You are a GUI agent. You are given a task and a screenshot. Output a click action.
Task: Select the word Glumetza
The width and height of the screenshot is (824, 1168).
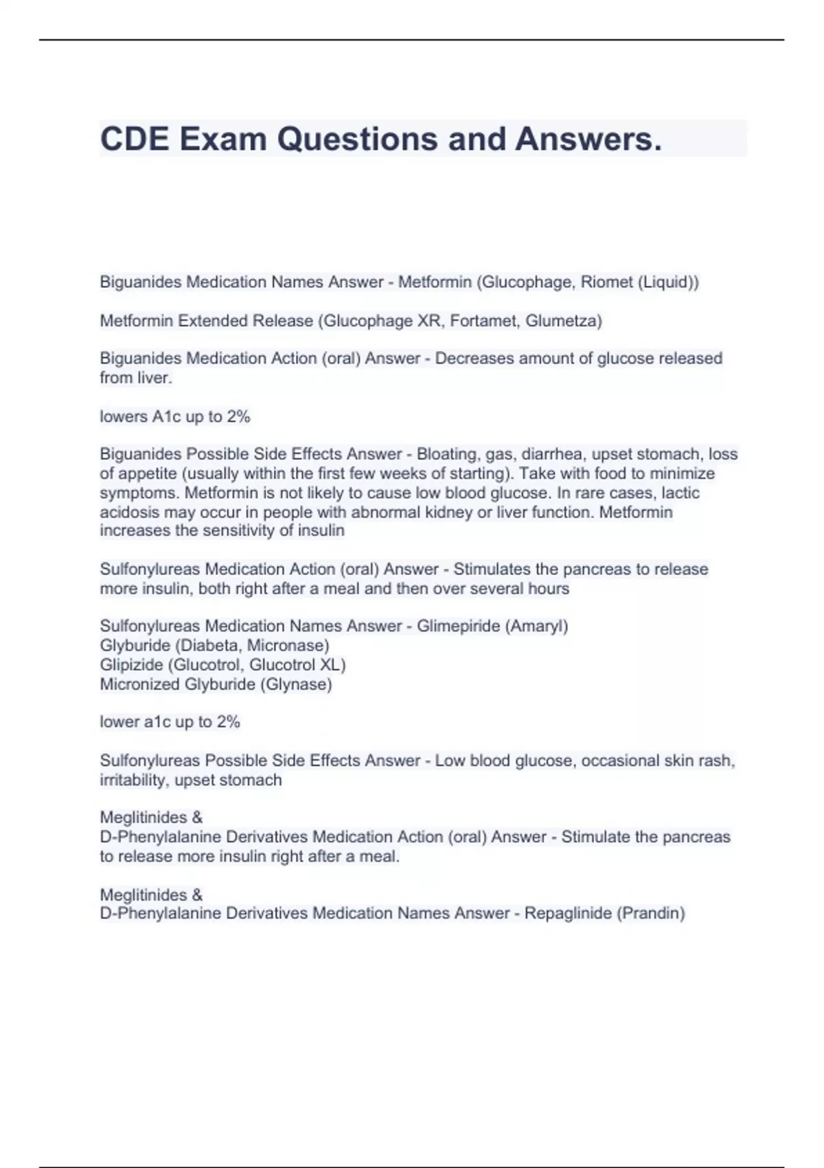tap(563, 320)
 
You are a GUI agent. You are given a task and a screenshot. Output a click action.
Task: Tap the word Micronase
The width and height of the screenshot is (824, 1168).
tap(288, 645)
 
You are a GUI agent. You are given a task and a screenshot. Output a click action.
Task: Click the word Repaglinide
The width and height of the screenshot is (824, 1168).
tap(568, 913)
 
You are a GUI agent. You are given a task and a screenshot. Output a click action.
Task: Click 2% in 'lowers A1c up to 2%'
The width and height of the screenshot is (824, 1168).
tap(238, 416)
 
